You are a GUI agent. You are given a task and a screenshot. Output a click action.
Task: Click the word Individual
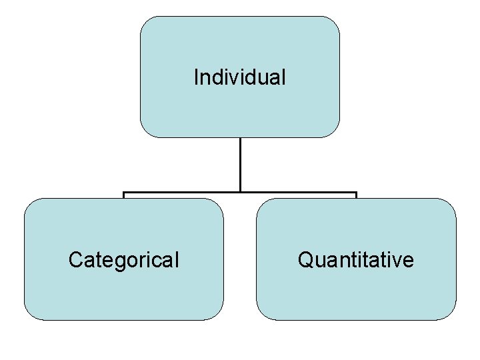(239, 77)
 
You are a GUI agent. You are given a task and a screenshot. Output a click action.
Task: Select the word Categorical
(123, 259)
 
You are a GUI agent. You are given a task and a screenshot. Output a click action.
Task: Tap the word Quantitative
(355, 259)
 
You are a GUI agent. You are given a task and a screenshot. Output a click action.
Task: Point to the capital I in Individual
(196, 77)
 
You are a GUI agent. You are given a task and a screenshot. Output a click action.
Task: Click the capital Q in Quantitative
(305, 259)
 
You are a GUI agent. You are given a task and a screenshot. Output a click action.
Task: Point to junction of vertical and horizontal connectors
(240, 193)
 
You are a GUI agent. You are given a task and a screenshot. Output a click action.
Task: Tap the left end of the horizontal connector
(124, 194)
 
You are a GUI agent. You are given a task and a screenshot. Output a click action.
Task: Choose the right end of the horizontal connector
(356, 194)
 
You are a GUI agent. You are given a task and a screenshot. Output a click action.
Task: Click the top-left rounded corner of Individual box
(146, 22)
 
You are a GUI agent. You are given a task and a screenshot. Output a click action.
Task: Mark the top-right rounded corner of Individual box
(334, 22)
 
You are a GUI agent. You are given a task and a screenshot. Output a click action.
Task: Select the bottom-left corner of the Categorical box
(29, 315)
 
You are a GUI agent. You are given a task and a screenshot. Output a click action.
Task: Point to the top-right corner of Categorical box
(218, 203)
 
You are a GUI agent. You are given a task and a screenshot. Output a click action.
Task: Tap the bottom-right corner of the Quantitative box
(451, 315)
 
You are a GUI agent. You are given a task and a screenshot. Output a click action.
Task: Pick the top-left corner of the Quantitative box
(262, 203)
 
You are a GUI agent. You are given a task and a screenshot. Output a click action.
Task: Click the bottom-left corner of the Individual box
(146, 132)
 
